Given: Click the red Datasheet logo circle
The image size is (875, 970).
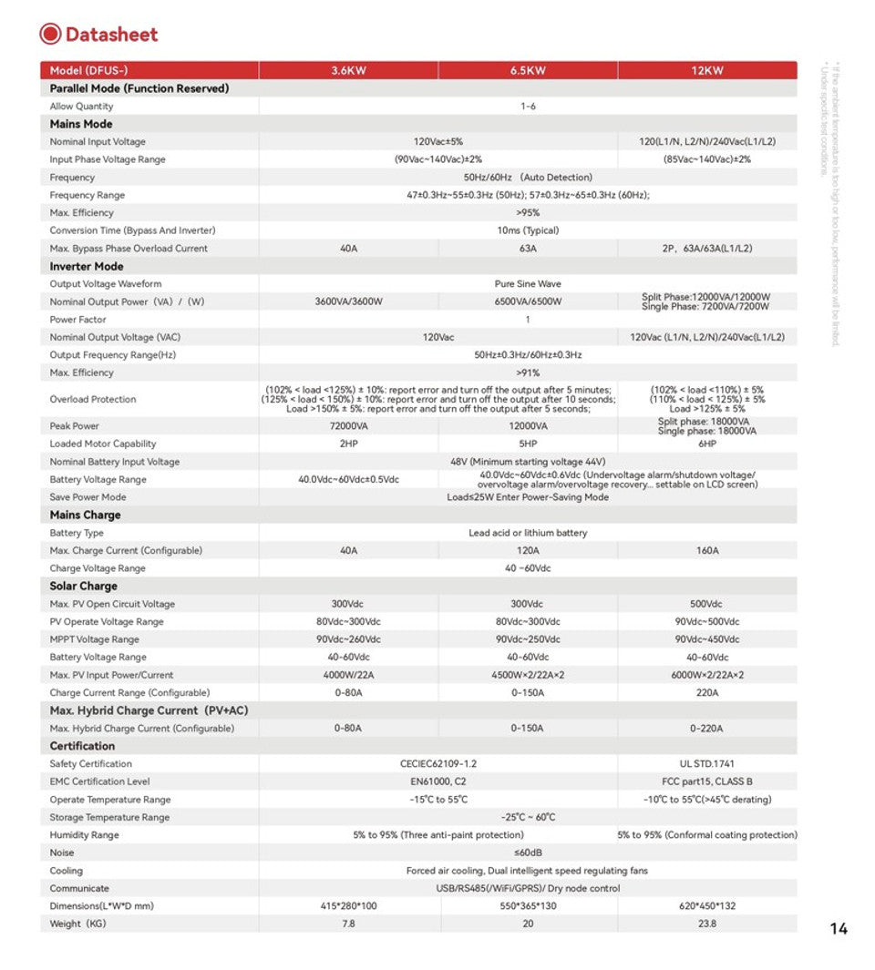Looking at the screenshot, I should tap(50, 34).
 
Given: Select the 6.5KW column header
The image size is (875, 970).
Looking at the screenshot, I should tap(528, 70).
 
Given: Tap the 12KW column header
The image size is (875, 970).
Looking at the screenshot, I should tap(707, 70).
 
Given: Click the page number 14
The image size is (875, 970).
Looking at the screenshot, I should tap(839, 929).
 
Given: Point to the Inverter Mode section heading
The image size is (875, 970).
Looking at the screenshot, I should tap(87, 266).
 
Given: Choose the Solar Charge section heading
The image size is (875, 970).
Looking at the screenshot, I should tap(83, 586).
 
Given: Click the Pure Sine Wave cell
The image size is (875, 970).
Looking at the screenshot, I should tap(528, 284).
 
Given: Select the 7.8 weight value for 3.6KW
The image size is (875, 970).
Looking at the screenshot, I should tap(348, 924).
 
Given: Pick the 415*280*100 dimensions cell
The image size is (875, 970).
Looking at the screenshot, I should tap(348, 906).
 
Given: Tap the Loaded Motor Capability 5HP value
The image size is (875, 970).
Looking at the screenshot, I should tap(528, 444).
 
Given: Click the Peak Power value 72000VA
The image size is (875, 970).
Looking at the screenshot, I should tap(348, 426).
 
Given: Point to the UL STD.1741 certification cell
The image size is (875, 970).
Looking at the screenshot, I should tap(707, 764).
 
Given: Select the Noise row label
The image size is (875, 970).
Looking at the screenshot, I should tap(62, 853).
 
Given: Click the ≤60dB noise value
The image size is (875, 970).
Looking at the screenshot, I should tap(528, 853).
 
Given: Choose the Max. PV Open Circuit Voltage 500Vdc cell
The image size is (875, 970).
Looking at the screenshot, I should tap(707, 604).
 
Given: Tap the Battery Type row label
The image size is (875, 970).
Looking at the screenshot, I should tap(77, 533).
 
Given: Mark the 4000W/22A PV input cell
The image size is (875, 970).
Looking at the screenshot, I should tap(348, 675).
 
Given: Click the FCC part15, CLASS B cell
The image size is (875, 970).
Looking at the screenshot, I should tap(707, 781).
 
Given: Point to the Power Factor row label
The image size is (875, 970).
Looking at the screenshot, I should tap(77, 320).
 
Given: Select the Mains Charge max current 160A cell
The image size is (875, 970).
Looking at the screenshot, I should tap(707, 550).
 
